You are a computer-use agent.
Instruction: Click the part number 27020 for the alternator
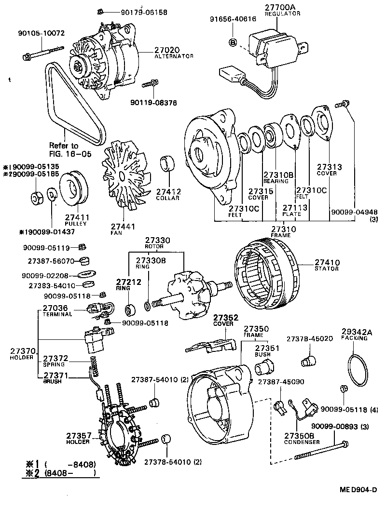167,50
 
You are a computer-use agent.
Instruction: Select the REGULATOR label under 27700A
282,14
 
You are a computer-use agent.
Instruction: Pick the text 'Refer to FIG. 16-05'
64,149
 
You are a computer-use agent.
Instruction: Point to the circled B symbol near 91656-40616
232,42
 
